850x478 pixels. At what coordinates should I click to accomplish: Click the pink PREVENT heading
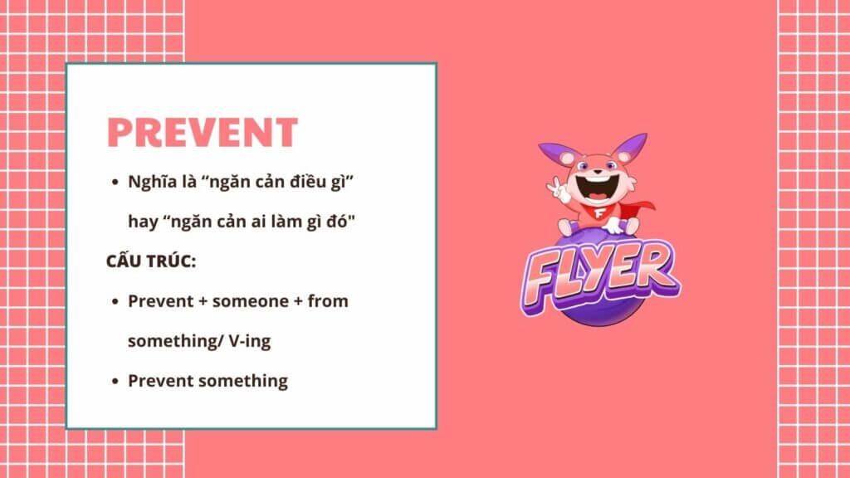coord(203,133)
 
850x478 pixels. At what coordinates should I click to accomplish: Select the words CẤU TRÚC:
coord(151,261)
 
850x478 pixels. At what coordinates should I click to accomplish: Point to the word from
coord(328,300)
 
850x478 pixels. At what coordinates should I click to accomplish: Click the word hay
coord(143,222)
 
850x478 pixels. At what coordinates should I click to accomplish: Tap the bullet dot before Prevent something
coord(115,382)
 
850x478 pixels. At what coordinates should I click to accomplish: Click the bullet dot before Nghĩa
coord(115,183)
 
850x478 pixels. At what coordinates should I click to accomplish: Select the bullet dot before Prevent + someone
coord(115,302)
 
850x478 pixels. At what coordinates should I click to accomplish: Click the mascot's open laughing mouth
coord(596,188)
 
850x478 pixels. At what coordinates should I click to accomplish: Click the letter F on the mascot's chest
coord(599,212)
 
